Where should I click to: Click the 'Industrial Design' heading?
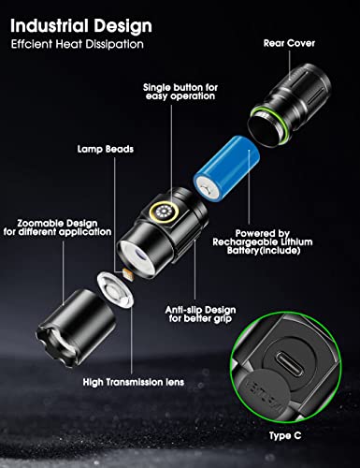[x=81, y=26]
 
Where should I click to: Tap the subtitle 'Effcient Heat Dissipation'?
[x=78, y=44]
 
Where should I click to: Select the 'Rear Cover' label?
[x=289, y=43]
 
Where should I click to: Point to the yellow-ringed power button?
[x=162, y=212]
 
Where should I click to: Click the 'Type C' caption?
[x=285, y=435]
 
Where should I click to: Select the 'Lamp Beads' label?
[x=106, y=149]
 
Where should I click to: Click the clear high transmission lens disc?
[x=115, y=289]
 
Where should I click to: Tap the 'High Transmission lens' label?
[x=134, y=382]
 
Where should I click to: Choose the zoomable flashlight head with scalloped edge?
[x=77, y=328]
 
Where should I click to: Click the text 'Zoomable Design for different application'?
[x=57, y=227]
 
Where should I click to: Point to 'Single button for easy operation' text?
[x=180, y=92]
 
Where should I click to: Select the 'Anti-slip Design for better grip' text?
[x=200, y=314]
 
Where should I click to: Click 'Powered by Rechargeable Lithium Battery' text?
[x=263, y=241]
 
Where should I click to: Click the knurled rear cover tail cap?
[x=291, y=104]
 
